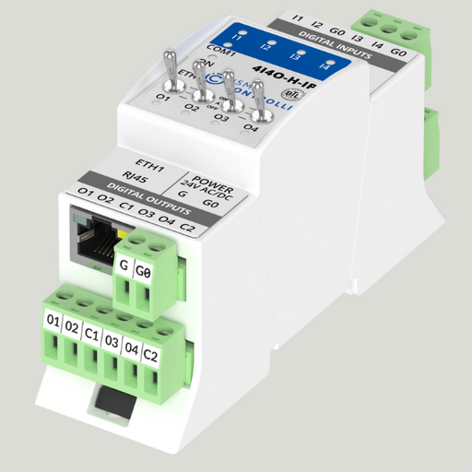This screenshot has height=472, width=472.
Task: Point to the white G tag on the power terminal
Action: click(125, 268)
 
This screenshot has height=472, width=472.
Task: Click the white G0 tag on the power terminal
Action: click(143, 273)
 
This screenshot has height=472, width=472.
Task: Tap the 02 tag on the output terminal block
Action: click(72, 328)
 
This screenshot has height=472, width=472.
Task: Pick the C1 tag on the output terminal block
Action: click(91, 335)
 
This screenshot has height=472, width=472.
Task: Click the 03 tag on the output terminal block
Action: click(112, 341)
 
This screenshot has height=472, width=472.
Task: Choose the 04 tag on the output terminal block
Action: click(131, 348)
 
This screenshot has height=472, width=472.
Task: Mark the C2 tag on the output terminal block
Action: click(150, 354)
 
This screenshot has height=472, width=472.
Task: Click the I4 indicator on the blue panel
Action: click(324, 66)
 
